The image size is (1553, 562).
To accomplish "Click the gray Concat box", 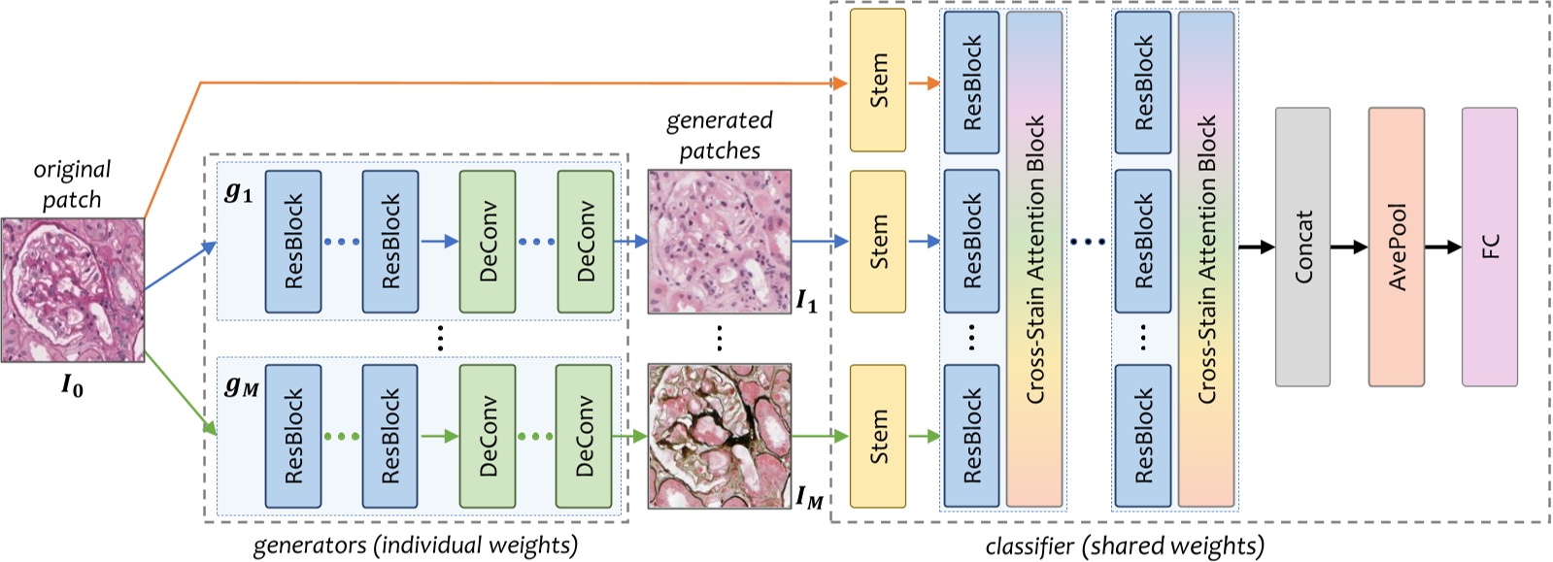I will [1302, 247].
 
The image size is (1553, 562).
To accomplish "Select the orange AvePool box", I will [1396, 247].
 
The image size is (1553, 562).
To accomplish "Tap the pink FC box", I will [1489, 247].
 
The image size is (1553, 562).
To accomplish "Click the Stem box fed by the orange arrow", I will [877, 81].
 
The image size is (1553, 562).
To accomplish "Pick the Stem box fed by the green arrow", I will [877, 436].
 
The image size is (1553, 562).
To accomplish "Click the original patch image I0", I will [73, 289].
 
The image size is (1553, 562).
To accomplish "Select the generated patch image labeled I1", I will [720, 241].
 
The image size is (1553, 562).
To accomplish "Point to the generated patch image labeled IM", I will [720, 436].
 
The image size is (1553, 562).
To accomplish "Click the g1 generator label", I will [239, 192].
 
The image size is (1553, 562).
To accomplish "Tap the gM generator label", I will [241, 386].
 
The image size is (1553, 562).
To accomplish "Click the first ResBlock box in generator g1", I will [293, 242].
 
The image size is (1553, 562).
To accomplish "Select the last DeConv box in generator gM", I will [584, 436].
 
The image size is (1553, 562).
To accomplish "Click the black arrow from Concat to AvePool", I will [1349, 248].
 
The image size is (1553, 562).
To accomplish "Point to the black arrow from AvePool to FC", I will [1442, 248].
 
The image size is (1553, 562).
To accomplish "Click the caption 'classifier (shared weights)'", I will [1125, 546].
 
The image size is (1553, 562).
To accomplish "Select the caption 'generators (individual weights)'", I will [416, 545].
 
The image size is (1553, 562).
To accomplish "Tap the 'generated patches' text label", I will [720, 136].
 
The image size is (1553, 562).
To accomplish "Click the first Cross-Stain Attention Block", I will [1034, 259].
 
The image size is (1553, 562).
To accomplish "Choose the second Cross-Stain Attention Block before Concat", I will [1206, 259].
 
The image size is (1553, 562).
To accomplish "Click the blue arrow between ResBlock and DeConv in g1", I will [439, 242].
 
